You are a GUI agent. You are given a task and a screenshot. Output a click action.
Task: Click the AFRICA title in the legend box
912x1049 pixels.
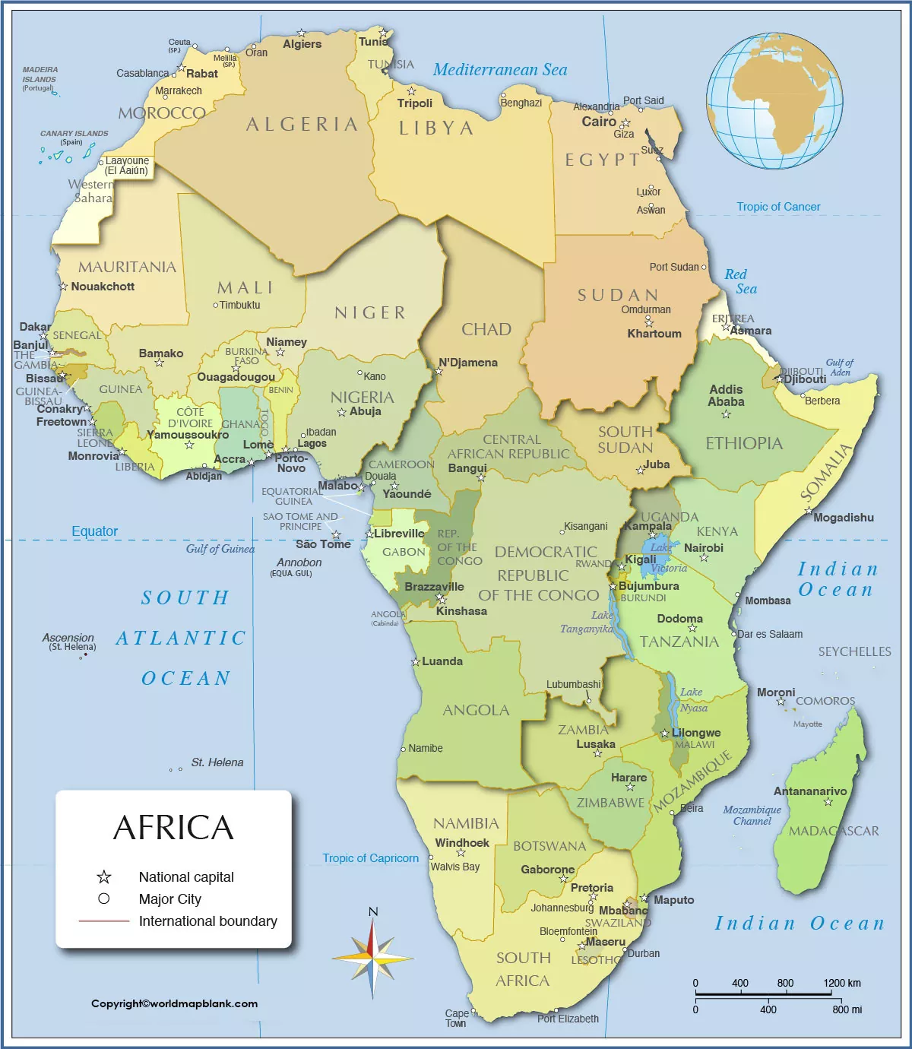click(173, 828)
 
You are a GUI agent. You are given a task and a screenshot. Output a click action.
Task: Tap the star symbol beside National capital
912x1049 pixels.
click(104, 877)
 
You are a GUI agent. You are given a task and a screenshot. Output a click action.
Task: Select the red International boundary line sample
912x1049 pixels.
click(104, 921)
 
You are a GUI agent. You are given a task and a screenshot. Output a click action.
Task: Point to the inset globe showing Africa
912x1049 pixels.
click(774, 100)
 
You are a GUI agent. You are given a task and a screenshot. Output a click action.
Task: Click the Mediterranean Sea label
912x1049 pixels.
click(500, 70)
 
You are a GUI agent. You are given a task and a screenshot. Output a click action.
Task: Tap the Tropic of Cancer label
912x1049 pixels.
click(778, 207)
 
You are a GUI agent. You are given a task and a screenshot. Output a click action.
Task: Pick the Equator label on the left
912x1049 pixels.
click(95, 531)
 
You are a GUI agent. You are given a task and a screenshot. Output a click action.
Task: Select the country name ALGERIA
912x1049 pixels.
click(302, 125)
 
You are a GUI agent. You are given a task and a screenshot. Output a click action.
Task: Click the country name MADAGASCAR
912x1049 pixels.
click(834, 831)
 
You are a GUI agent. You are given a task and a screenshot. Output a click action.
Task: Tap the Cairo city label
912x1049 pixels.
click(599, 122)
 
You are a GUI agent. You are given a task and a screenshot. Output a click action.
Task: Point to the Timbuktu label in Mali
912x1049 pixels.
click(239, 305)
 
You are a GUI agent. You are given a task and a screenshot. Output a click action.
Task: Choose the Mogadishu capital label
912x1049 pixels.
click(843, 518)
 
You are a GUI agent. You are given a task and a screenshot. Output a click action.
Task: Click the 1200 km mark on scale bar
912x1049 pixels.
click(842, 983)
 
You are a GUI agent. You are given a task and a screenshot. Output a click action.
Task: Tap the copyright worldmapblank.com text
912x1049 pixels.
click(174, 1003)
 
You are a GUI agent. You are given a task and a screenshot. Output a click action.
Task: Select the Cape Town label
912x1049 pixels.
click(456, 1018)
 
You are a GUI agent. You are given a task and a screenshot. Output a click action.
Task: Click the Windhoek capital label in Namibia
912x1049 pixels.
click(462, 843)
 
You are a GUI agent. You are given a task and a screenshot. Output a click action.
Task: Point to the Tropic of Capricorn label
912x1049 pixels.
click(370, 858)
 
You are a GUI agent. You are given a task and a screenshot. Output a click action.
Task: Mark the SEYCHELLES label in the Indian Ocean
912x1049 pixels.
click(854, 651)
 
